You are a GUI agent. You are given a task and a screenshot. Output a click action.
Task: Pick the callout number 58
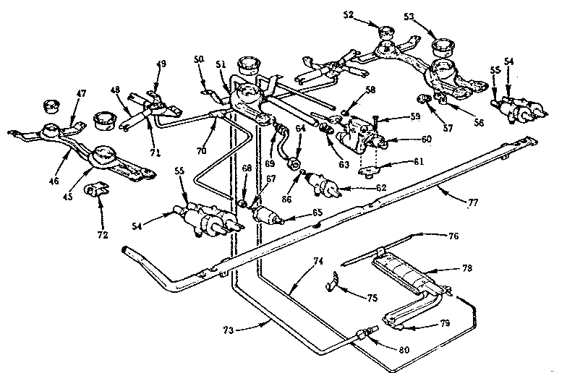[x=350, y=90]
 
